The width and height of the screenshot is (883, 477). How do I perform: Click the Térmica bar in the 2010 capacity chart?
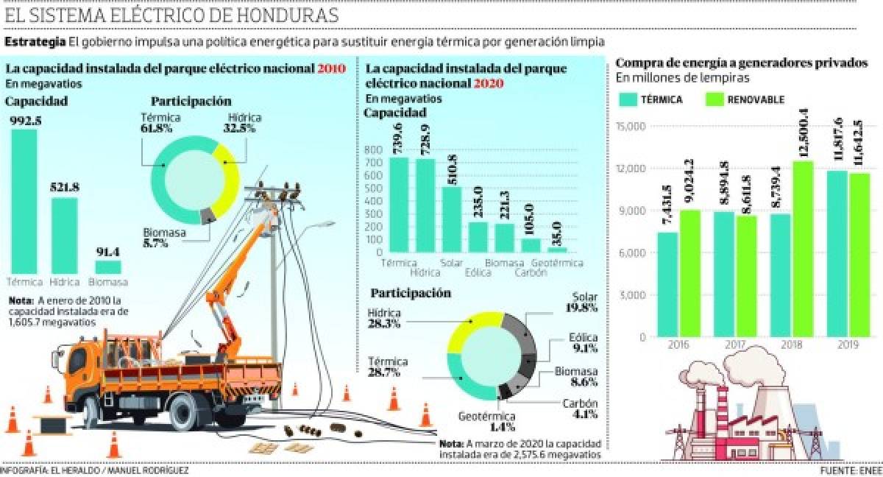[x=25, y=200]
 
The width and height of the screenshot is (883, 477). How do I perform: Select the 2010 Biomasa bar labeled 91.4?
[x=108, y=266]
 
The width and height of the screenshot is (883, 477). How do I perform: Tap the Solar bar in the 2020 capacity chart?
[x=452, y=219]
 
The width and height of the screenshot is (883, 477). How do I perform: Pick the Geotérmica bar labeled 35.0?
[x=558, y=250]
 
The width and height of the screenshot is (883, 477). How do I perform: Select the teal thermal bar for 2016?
[x=667, y=284]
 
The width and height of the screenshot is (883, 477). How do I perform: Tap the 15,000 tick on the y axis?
[x=630, y=127]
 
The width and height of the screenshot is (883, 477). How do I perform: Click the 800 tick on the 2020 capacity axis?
[x=373, y=149]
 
